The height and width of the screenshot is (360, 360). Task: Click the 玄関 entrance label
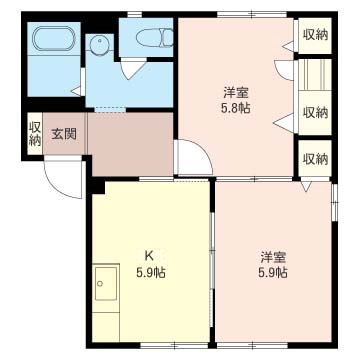pos(64,133)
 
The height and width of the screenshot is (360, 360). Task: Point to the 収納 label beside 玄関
pos(35,133)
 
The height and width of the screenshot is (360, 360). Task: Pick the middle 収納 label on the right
pos(315,112)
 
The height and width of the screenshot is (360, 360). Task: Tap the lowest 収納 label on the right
pos(315,159)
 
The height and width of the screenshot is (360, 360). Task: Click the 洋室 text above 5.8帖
pos(236,93)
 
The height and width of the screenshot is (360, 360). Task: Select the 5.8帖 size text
pos(236,109)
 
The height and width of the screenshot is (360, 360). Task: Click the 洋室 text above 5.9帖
pos(273,255)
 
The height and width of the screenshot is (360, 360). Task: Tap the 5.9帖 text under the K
pos(151,271)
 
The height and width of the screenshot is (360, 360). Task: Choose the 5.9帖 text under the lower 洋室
pos(273,271)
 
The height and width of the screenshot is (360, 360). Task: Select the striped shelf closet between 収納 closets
pos(315,75)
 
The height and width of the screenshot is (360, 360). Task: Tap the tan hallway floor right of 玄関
pos(130,135)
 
